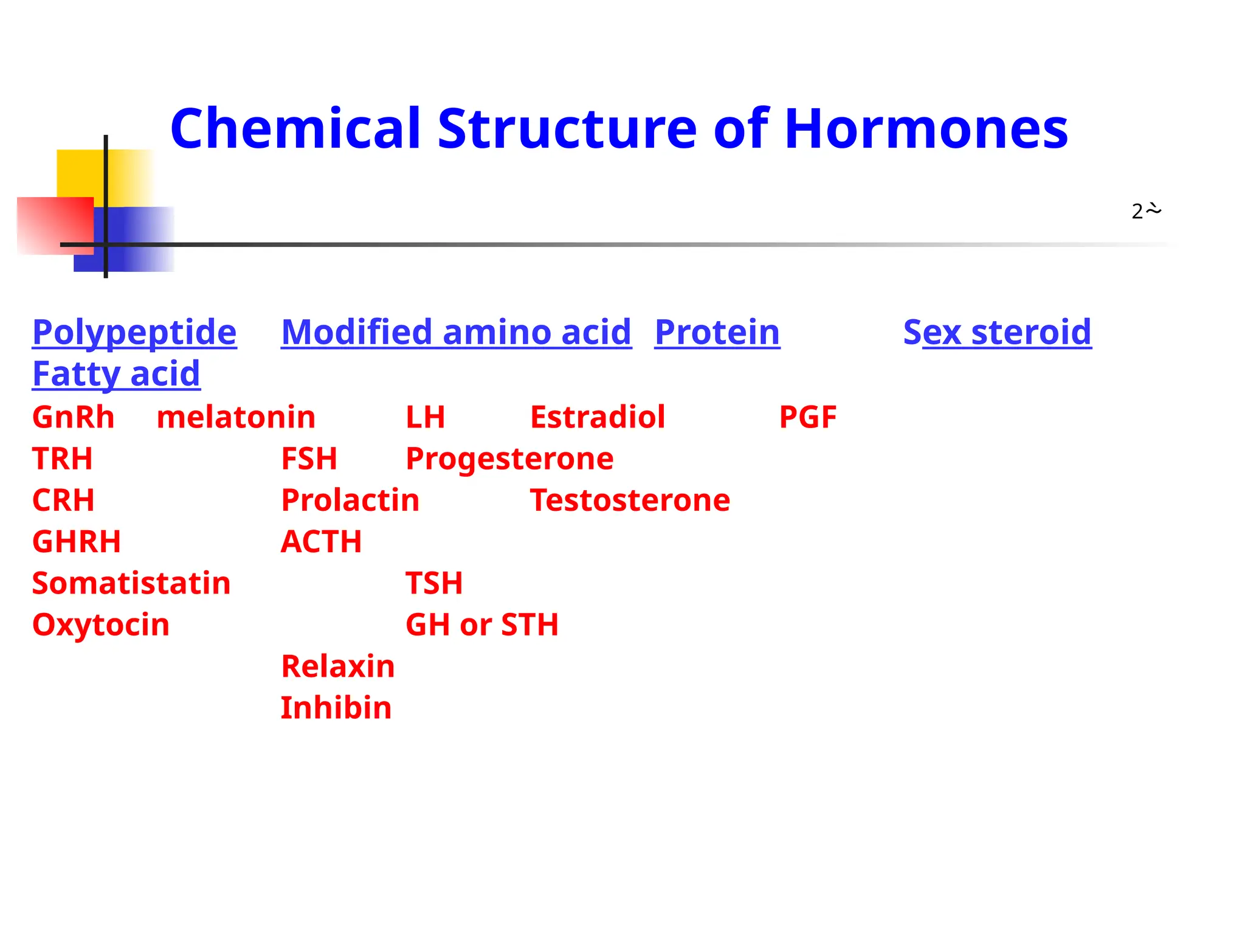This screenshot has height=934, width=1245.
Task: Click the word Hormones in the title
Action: click(x=926, y=129)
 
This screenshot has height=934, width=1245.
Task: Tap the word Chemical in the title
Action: click(x=295, y=129)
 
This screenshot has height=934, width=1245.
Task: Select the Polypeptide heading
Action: click(x=134, y=333)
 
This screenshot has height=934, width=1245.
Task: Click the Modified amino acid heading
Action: click(x=456, y=333)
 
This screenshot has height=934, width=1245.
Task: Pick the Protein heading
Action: click(x=717, y=333)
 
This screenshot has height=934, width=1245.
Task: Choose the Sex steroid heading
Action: click(x=997, y=333)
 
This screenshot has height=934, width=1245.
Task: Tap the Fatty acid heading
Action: click(x=116, y=373)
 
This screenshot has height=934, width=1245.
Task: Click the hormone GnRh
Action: click(x=73, y=417)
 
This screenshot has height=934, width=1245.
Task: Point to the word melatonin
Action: click(x=236, y=417)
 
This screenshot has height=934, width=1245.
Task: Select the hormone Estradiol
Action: click(x=598, y=417)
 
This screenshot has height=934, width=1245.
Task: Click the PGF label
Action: click(x=808, y=417)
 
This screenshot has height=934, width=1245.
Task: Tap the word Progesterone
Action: click(x=509, y=458)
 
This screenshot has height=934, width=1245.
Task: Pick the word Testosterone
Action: click(x=630, y=500)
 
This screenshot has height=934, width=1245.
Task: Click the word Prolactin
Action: click(x=350, y=500)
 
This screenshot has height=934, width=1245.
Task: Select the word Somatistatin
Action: click(x=131, y=583)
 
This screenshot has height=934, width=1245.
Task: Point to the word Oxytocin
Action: click(x=101, y=625)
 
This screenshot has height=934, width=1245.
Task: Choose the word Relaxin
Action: click(x=338, y=666)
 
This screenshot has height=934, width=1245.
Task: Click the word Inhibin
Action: click(x=336, y=708)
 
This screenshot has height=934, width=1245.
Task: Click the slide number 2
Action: click(x=1137, y=212)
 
